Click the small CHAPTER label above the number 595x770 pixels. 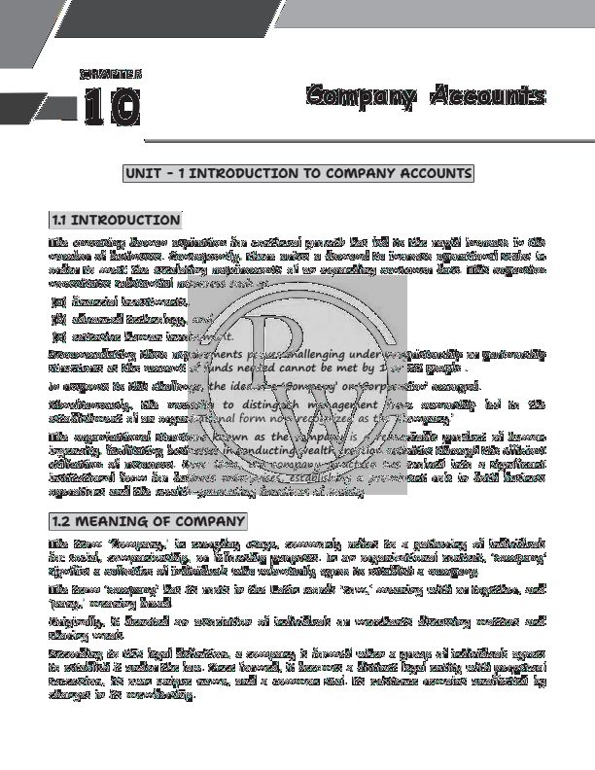[x=111, y=73]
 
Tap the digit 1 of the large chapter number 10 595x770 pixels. [x=93, y=107]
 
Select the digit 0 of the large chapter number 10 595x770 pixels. [x=124, y=107]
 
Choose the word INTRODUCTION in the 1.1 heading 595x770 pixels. [x=125, y=220]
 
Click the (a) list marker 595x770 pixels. [x=57, y=302]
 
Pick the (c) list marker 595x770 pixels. [x=57, y=335]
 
